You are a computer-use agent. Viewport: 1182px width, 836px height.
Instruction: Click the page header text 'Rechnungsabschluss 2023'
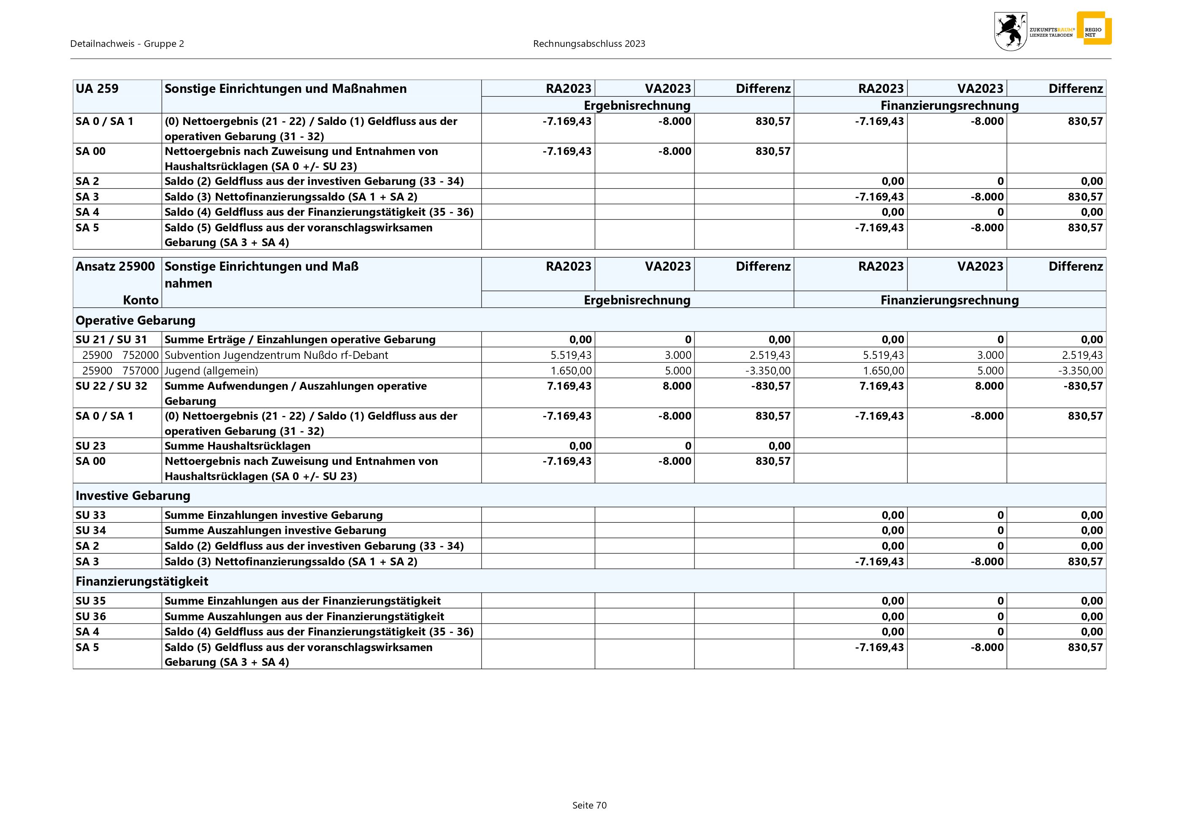(589, 44)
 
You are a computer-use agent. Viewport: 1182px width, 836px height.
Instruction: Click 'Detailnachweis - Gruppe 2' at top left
(127, 44)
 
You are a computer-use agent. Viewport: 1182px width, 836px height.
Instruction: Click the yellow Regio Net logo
(1094, 29)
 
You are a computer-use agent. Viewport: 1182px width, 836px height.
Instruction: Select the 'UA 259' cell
(97, 89)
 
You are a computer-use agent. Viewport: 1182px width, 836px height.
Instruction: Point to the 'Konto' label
(141, 300)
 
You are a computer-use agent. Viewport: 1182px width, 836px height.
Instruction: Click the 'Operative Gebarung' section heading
(136, 320)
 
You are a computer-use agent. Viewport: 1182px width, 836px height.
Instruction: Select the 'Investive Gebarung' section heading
(133, 496)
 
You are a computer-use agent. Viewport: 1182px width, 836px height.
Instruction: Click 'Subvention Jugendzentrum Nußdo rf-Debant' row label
(276, 355)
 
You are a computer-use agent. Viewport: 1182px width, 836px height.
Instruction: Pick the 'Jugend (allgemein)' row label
(211, 371)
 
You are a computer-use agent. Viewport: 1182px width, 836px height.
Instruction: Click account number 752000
(140, 355)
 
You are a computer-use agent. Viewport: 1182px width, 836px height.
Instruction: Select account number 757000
(140, 371)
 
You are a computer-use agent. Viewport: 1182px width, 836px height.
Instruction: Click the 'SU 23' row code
(91, 446)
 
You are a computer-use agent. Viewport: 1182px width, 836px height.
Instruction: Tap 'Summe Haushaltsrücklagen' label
(237, 446)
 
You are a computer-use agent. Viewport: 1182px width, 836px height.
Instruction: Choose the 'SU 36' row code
(91, 616)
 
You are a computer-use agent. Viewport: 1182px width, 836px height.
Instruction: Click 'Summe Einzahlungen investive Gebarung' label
(274, 515)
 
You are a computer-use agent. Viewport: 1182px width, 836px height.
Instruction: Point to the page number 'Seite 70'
(589, 805)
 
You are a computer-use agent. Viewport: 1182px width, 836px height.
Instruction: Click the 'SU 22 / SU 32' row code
(111, 386)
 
